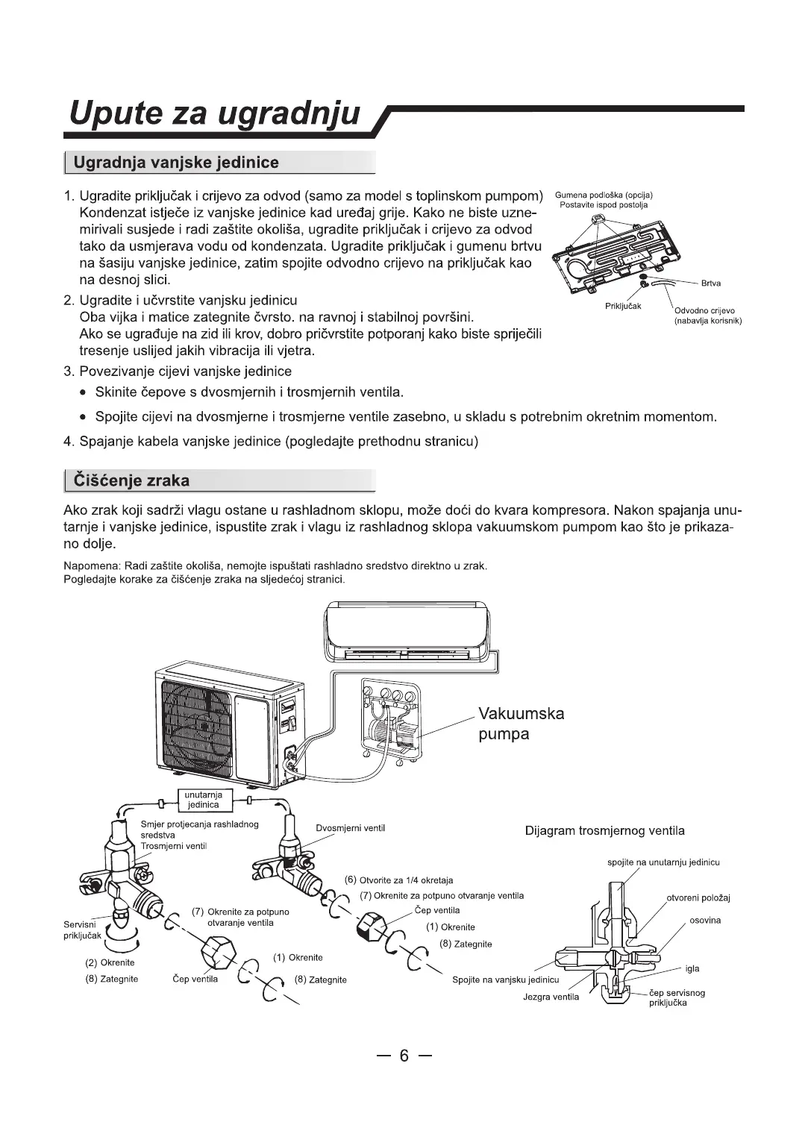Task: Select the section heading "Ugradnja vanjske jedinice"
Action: point(177,163)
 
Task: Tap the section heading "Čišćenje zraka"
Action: point(131,480)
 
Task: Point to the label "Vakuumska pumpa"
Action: point(521,724)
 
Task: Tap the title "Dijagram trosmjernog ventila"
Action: point(604,831)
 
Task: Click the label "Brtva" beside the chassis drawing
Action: point(711,283)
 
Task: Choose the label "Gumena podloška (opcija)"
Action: point(604,195)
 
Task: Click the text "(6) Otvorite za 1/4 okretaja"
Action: point(398,880)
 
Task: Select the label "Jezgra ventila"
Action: point(551,997)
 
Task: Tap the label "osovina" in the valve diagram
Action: point(705,921)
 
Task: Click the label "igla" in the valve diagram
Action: point(692,968)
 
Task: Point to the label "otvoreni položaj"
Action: point(698,897)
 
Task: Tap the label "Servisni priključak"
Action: point(82,930)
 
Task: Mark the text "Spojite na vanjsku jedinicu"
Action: point(505,980)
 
